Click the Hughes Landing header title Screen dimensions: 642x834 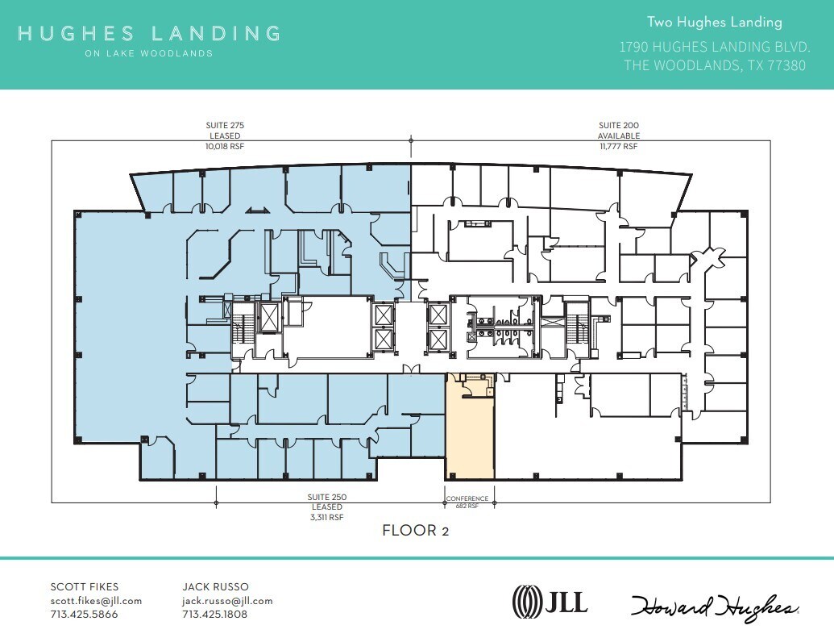pos(149,34)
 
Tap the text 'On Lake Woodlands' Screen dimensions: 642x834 pos(149,54)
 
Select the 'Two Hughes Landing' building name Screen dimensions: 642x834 pos(714,23)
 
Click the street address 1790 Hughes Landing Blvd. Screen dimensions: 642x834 pos(713,47)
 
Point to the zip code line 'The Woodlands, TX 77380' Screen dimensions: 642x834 pos(714,65)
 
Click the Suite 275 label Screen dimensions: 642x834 pos(225,126)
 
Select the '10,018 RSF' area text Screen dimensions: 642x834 pos(225,147)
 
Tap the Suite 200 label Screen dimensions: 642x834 pos(618,126)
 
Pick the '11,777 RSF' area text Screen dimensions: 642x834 pos(618,147)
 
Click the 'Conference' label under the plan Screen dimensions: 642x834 pos(467,498)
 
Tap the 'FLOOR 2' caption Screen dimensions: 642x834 pos(415,531)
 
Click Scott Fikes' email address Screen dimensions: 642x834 pos(96,601)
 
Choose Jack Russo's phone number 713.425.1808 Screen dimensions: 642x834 pos(215,615)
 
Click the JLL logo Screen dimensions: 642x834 pos(550,601)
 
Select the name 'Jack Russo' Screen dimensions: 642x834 pos(216,587)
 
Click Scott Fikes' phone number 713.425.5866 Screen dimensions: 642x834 pos(84,615)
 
